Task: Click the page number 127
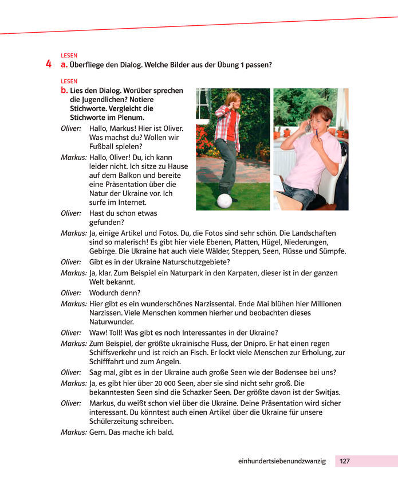[345, 461]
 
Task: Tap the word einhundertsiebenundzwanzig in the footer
[282, 461]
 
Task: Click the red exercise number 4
[49, 64]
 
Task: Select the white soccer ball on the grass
[225, 201]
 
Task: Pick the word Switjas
[328, 392]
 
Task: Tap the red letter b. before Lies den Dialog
[64, 91]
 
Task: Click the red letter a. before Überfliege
[64, 65]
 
